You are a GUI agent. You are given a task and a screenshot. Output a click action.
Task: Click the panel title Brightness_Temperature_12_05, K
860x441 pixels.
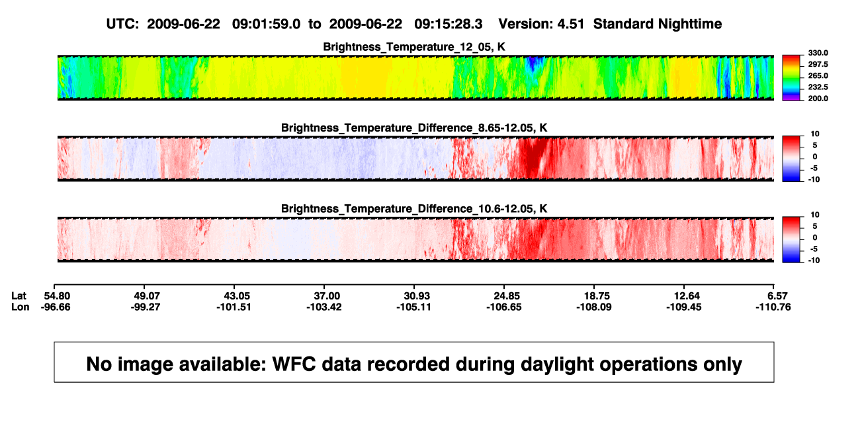tap(414, 47)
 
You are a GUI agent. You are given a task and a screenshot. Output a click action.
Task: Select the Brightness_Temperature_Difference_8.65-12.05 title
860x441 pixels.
tap(414, 128)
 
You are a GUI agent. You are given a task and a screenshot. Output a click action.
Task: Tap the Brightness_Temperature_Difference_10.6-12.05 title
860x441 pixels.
tap(414, 209)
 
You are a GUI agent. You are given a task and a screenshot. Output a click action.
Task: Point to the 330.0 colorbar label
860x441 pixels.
tap(818, 53)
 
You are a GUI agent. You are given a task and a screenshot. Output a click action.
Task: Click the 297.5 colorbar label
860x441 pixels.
tap(818, 64)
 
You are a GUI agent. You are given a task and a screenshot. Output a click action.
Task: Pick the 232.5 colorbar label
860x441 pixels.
tap(818, 87)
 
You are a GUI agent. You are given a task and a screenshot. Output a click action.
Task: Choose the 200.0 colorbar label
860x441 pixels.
tap(818, 99)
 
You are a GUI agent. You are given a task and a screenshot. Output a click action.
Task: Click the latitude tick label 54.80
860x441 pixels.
tap(57, 296)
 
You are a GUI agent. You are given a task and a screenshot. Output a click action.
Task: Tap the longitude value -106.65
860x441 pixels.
tap(503, 307)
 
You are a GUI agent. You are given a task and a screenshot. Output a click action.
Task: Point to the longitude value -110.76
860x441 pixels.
tap(773, 307)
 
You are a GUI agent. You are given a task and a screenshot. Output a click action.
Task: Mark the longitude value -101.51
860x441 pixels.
tap(234, 307)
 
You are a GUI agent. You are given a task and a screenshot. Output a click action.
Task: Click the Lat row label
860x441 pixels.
tap(19, 296)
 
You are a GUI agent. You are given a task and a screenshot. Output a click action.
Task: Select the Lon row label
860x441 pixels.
tap(20, 307)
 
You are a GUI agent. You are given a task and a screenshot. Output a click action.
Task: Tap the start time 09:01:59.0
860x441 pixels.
tap(266, 24)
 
